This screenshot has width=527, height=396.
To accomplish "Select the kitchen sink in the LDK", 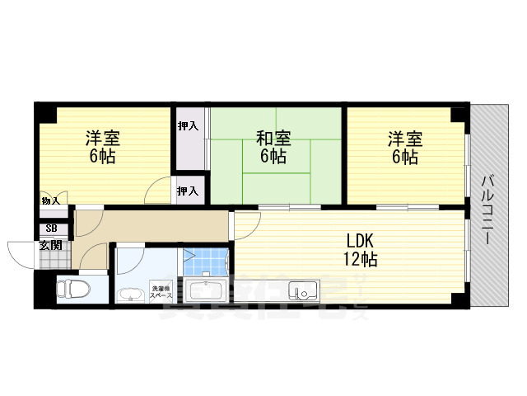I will [302, 291].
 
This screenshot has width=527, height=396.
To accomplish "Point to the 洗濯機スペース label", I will [161, 291].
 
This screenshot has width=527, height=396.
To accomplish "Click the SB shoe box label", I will [51, 229].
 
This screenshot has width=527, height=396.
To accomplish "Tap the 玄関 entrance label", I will [49, 245].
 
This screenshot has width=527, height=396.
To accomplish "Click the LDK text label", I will [360, 242].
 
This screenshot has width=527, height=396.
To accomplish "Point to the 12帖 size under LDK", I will [361, 260].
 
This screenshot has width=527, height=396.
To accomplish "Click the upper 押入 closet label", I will [189, 125].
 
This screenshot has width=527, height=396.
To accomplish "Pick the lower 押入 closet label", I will [188, 191].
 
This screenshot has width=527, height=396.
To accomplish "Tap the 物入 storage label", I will [50, 200].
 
